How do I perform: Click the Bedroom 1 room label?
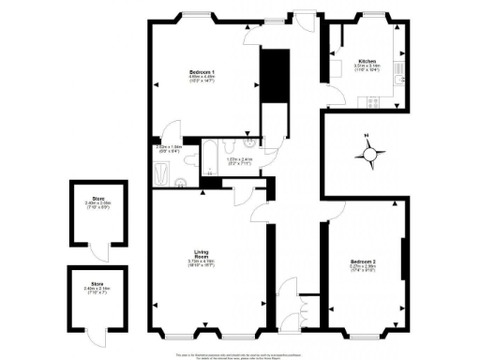tap(200, 72)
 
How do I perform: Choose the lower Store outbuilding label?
tap(96, 284)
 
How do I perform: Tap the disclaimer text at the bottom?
tap(240, 355)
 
